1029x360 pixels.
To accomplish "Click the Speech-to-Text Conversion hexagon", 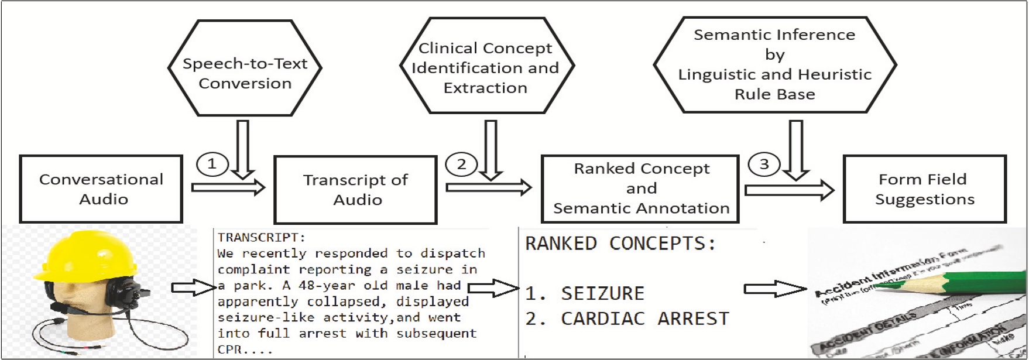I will (245, 68).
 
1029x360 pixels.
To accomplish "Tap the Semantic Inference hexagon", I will (774, 65).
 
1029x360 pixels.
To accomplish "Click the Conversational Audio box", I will (101, 189).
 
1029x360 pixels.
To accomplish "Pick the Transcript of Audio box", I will (355, 190).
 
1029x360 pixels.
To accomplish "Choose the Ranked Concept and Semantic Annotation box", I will (640, 188).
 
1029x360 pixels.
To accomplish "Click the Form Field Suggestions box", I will (924, 189).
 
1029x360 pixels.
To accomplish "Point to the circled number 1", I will (212, 164).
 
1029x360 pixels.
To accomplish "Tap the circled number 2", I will (461, 164).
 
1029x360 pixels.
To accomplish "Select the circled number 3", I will (764, 164).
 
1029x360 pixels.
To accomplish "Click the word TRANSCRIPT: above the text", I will (261, 238).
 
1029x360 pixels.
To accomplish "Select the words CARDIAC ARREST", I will (645, 319).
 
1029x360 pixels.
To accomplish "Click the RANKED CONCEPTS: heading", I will (620, 244).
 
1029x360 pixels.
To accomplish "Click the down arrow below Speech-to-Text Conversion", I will (242, 149).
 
